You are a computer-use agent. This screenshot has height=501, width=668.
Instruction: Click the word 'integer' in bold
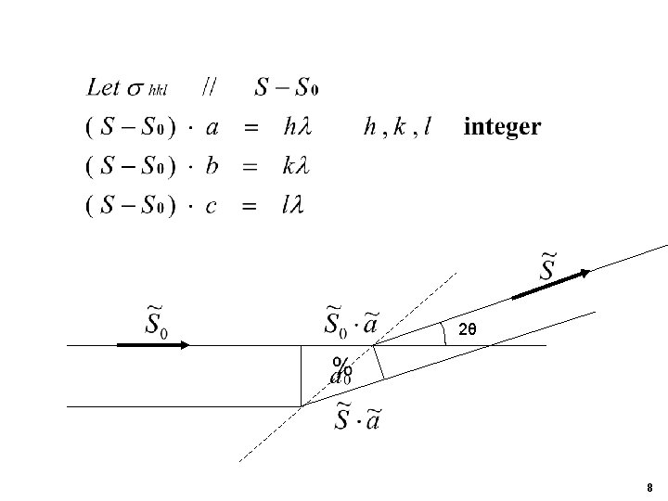pos(501,128)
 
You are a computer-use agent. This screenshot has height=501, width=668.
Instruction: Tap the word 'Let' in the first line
pos(103,88)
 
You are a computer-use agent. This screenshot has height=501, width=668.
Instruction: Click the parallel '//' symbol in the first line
pos(211,88)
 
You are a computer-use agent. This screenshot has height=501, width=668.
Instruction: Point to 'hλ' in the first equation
pos(294,128)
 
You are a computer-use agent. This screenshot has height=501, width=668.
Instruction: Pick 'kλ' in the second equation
pos(294,167)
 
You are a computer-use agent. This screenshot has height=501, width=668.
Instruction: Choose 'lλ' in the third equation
pos(292,207)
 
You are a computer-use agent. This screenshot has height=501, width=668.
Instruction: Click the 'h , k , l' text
pos(397,129)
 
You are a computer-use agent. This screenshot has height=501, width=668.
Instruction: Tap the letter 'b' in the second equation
pos(212,167)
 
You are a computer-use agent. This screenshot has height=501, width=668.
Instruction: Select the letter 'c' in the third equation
pos(212,208)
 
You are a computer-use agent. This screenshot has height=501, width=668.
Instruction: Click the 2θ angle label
pos(469,328)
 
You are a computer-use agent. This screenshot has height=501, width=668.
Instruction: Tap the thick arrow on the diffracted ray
pos(550,284)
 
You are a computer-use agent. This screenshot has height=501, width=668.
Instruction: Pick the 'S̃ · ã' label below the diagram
pos(357,419)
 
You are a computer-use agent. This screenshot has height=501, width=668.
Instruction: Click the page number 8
pos(650,488)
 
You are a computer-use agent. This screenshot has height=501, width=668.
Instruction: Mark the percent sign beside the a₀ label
pos(341,364)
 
